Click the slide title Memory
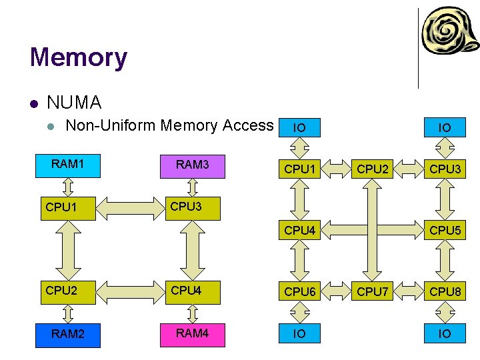[x=78, y=57]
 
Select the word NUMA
[x=74, y=103]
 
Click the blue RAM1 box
[x=67, y=165]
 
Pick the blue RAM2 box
[x=67, y=334]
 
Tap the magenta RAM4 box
[x=192, y=333]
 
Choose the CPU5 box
[x=445, y=231]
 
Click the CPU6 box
[x=299, y=292]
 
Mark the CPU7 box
[x=372, y=292]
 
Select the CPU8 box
[x=445, y=292]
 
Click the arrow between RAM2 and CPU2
[x=67, y=313]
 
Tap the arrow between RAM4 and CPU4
[x=192, y=313]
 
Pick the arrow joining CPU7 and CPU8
[x=409, y=292]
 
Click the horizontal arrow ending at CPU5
[x=372, y=231]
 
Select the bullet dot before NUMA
[x=33, y=103]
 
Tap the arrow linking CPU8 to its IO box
[x=445, y=313]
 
